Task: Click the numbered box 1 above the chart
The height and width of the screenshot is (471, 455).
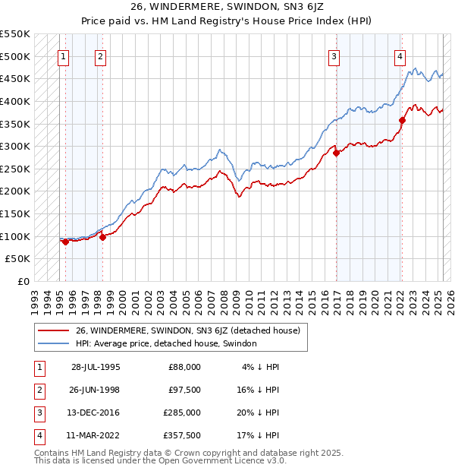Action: pos(63,55)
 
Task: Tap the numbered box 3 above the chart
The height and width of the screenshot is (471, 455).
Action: pos(334,55)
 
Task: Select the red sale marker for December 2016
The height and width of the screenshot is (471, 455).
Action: pos(335,153)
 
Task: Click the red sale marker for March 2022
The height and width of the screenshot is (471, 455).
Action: pos(402,119)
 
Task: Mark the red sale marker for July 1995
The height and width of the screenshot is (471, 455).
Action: pos(65,242)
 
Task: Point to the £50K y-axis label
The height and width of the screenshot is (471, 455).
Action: pos(18,259)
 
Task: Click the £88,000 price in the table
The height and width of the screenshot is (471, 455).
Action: pos(184,367)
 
